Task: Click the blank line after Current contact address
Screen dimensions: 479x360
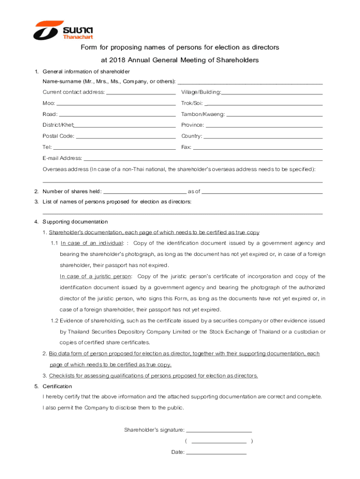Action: pyautogui.click(x=141, y=94)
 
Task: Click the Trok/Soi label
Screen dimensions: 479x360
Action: pyautogui.click(x=192, y=103)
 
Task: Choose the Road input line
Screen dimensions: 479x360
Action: pyautogui.click(x=117, y=116)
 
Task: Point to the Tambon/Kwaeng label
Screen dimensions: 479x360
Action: pyautogui.click(x=202, y=114)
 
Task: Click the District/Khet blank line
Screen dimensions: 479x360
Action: pyautogui.click(x=125, y=127)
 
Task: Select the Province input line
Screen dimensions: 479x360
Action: pyautogui.click(x=264, y=127)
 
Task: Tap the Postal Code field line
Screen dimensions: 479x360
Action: pyautogui.click(x=125, y=138)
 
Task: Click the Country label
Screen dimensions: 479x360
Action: pyautogui.click(x=191, y=136)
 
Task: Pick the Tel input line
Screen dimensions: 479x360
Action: pyautogui.click(x=114, y=149)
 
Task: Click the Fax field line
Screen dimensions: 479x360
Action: pyautogui.click(x=258, y=149)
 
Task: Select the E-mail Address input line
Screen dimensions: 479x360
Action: pyautogui.click(x=203, y=160)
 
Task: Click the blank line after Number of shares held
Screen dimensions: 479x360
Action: pyautogui.click(x=144, y=193)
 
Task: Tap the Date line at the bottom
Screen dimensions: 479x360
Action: pyautogui.click(x=216, y=454)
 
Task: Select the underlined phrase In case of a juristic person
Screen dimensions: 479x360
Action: pyautogui.click(x=96, y=276)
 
